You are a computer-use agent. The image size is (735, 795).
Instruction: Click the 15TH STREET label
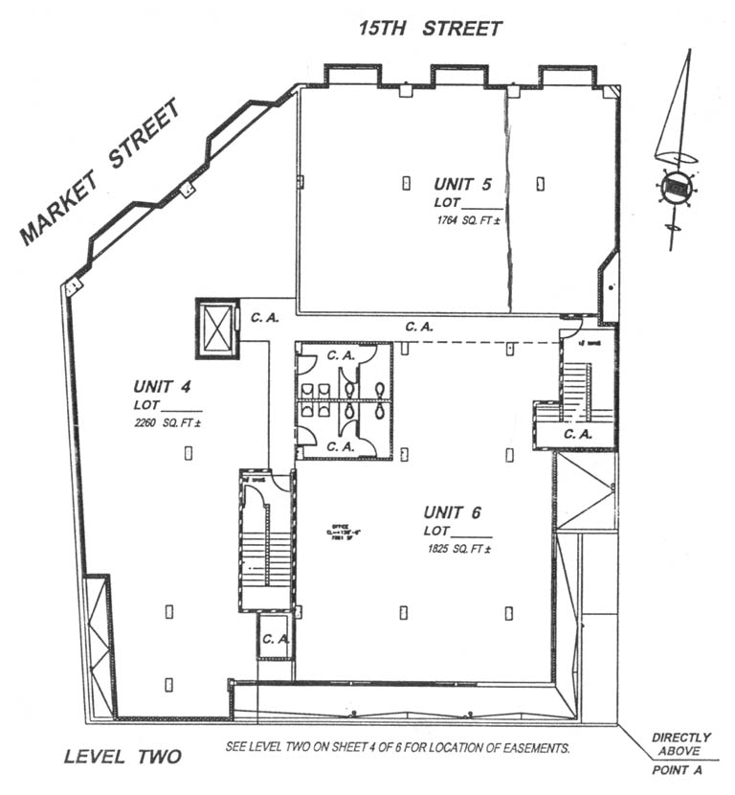click(x=430, y=28)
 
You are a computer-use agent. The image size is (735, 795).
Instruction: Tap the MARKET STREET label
click(x=100, y=172)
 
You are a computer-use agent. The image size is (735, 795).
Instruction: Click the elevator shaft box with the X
click(x=216, y=329)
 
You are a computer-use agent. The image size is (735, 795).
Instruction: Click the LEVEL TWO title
click(x=122, y=757)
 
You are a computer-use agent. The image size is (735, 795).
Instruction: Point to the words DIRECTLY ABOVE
click(x=681, y=744)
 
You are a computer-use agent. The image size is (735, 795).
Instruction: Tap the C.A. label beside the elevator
click(x=264, y=317)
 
